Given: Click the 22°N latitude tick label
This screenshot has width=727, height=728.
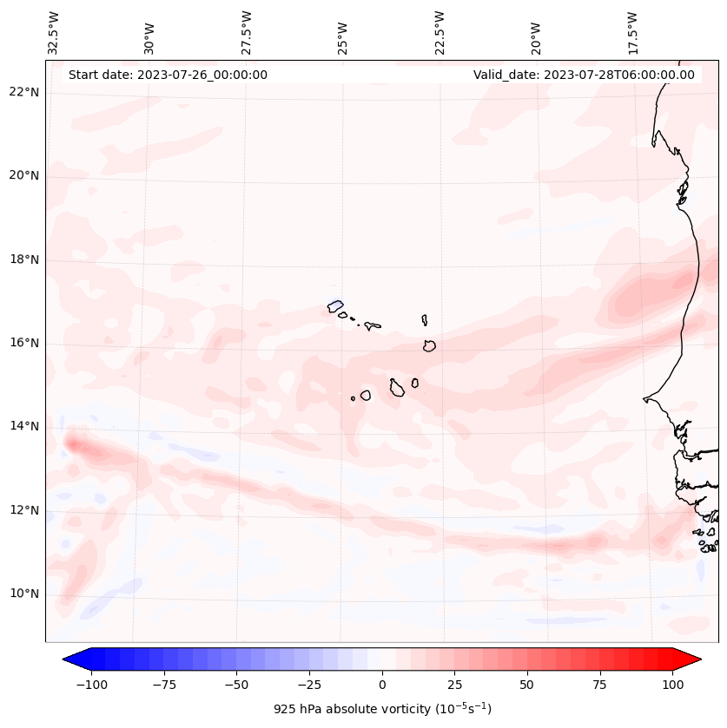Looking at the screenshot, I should [24, 92].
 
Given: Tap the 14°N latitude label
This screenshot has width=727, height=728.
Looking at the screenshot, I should [24, 426].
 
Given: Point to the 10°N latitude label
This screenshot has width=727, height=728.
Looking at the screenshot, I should [24, 594].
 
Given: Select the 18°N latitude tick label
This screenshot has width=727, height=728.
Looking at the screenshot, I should [24, 259].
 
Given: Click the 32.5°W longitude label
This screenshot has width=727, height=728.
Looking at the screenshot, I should [54, 33].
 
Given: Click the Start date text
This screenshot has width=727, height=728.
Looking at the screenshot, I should [168, 75].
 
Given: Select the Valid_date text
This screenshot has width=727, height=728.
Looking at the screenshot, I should [584, 75].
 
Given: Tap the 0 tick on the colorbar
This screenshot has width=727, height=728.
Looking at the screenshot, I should [381, 685].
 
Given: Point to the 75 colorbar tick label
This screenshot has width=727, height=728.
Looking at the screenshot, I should [599, 685].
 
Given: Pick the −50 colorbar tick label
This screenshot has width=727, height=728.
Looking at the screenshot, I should [236, 685].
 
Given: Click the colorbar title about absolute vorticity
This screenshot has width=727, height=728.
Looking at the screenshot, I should [382, 709].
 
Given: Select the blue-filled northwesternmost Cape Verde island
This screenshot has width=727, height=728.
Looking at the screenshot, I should [335, 305].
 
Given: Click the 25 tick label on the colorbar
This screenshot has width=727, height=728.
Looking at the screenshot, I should [454, 685].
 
